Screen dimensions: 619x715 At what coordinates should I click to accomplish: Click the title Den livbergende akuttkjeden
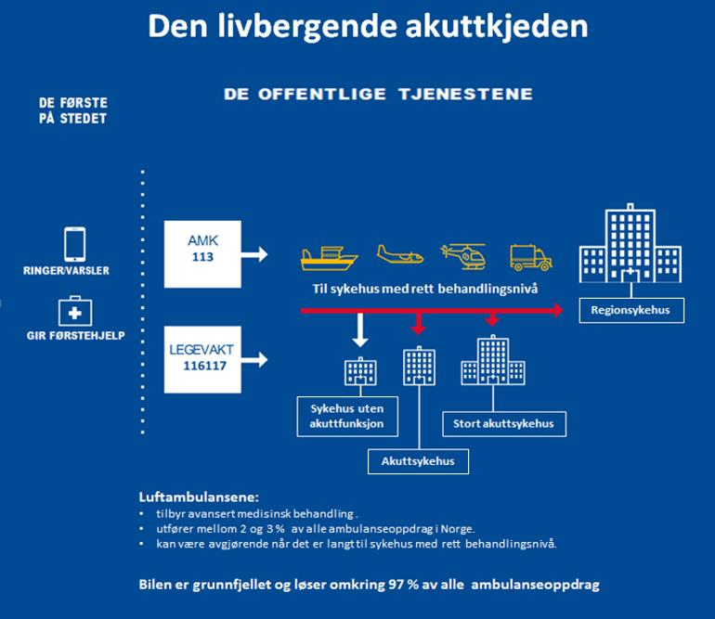click(x=368, y=27)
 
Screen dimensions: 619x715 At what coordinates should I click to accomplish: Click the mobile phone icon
click(x=74, y=244)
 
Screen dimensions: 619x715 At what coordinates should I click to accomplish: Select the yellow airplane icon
click(x=400, y=254)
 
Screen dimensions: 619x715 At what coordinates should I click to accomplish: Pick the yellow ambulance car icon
click(x=531, y=255)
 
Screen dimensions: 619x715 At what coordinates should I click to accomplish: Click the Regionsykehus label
click(x=630, y=310)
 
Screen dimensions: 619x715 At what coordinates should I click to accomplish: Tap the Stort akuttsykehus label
click(x=503, y=424)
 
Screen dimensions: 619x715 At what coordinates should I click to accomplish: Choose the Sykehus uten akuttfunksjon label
click(x=346, y=417)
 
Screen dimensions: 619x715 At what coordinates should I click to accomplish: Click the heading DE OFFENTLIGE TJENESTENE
click(x=378, y=95)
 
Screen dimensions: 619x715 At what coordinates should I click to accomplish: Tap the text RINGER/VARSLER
click(x=72, y=271)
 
